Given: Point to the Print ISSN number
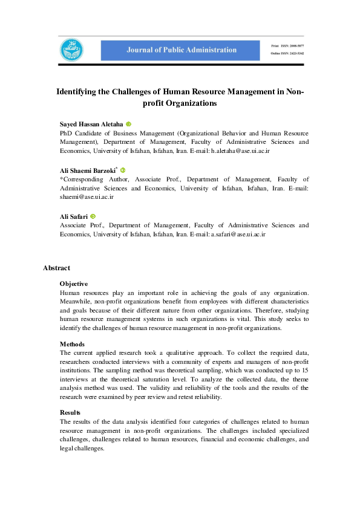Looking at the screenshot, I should (287, 45).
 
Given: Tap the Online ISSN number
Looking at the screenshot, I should (288, 53).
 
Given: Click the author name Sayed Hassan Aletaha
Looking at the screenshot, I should (91, 123).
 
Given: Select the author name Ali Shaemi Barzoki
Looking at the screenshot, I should (87, 171).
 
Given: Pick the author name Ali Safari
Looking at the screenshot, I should (74, 216).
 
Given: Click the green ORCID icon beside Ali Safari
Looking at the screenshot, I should (94, 216).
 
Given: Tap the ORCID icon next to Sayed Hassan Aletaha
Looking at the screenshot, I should (128, 123).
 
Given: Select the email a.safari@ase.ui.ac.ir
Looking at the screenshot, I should (237, 233).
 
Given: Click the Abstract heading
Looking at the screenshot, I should (56, 268).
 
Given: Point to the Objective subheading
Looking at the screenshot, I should (73, 284).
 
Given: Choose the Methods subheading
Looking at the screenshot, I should (72, 343).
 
